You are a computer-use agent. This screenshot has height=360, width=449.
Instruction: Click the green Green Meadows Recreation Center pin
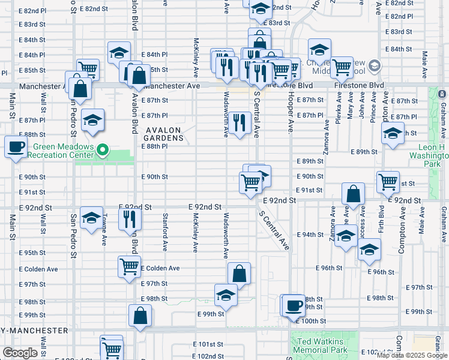(x=103, y=149)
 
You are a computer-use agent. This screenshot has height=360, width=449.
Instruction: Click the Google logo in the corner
(x=20, y=353)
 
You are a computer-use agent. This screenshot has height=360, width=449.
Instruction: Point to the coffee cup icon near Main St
(x=16, y=146)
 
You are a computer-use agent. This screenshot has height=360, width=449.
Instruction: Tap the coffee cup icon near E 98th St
(x=294, y=304)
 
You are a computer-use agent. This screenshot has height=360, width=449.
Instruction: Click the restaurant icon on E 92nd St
(x=129, y=220)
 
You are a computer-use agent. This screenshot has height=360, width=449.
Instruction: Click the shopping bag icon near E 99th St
(x=140, y=316)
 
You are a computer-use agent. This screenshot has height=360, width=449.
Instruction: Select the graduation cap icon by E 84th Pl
(x=119, y=52)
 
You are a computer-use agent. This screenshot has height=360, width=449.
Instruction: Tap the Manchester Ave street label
(x=172, y=86)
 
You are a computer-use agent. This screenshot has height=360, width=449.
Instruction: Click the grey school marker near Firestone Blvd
(x=375, y=65)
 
